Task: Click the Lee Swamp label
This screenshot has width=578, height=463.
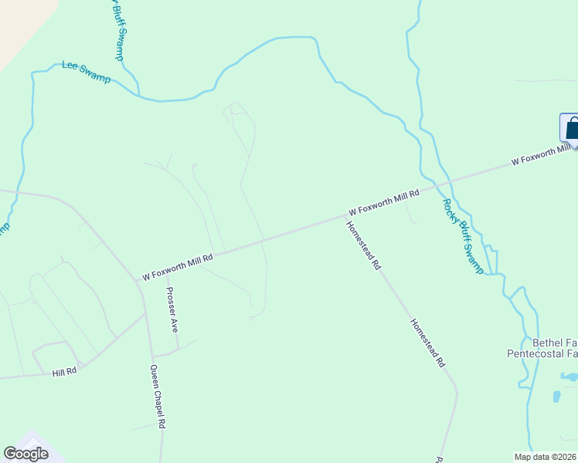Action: (86, 74)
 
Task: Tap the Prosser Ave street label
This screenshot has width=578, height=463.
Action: (173, 309)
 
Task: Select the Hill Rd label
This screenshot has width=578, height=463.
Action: (65, 373)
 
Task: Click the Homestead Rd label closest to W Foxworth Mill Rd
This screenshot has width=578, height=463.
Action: (363, 245)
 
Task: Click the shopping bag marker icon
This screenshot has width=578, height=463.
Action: (571, 128)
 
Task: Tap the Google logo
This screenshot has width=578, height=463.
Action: (25, 454)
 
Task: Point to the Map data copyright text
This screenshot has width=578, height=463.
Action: (546, 457)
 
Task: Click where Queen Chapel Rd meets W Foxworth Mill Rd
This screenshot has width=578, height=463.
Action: (139, 281)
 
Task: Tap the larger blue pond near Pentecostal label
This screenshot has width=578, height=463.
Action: (569, 377)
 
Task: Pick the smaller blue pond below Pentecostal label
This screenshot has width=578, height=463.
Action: (556, 397)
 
